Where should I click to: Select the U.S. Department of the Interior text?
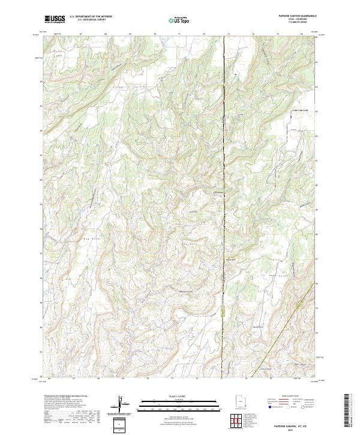click(x=90, y=17)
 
